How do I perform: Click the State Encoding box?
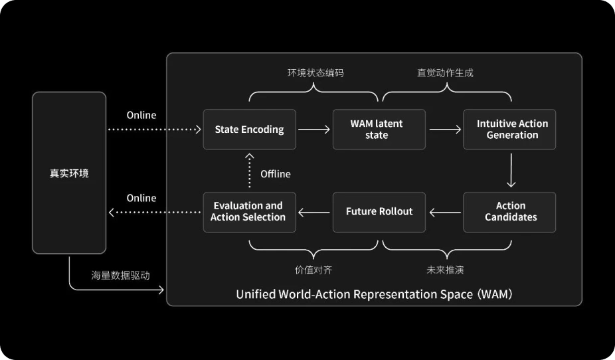[250, 130]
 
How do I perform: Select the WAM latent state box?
[379, 130]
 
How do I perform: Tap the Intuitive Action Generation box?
[509, 130]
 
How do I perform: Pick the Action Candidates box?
[509, 212]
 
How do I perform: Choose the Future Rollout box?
[379, 212]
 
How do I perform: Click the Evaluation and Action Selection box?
[250, 212]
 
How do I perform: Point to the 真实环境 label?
[69, 173]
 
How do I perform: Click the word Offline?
[276, 174]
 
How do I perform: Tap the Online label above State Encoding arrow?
[141, 116]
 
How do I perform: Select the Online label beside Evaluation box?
[141, 198]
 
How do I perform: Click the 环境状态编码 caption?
[315, 73]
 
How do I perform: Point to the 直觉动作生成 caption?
[445, 73]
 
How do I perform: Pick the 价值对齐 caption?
[313, 270]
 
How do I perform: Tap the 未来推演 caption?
[445, 270]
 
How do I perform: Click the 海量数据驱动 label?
[120, 275]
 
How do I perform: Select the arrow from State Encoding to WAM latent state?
[314, 130]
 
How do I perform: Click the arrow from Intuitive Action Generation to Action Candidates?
[511, 170]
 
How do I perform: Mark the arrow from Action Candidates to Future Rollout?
[445, 213]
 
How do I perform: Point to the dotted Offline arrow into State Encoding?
[250, 170]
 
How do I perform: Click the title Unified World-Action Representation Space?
[354, 294]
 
